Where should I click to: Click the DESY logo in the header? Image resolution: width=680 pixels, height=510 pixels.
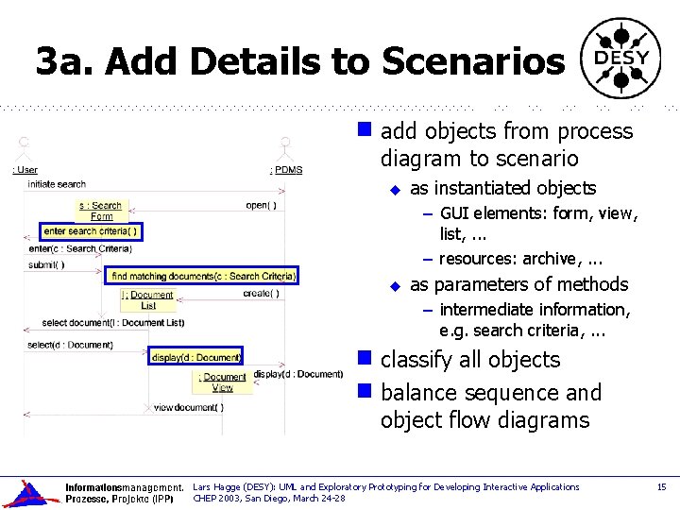(x=620, y=59)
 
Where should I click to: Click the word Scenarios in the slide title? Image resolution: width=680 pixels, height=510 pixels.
(x=473, y=61)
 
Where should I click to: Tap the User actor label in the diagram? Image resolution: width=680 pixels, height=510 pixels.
(x=25, y=170)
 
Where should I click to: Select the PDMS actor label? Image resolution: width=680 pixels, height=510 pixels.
(x=286, y=170)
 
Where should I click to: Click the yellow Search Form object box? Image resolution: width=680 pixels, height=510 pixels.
(x=100, y=211)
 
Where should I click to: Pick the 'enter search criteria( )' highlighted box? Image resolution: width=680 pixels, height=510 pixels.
(x=91, y=231)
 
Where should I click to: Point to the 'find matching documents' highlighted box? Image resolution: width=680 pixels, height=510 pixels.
(x=202, y=276)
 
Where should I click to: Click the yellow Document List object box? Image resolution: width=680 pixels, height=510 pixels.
(x=148, y=300)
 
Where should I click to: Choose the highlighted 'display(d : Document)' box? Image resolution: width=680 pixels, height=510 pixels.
(x=196, y=357)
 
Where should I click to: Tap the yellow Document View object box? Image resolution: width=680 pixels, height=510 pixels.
(x=222, y=382)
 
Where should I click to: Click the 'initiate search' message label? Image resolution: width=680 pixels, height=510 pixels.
(x=57, y=184)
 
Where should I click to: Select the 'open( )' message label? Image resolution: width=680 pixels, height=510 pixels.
(x=261, y=205)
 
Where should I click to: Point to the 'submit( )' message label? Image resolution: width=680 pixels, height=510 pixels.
(x=46, y=264)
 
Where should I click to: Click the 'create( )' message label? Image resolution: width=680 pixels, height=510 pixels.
(x=261, y=294)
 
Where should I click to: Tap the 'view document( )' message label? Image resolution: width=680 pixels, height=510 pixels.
(x=189, y=407)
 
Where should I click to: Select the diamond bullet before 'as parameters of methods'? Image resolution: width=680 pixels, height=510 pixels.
(x=396, y=285)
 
